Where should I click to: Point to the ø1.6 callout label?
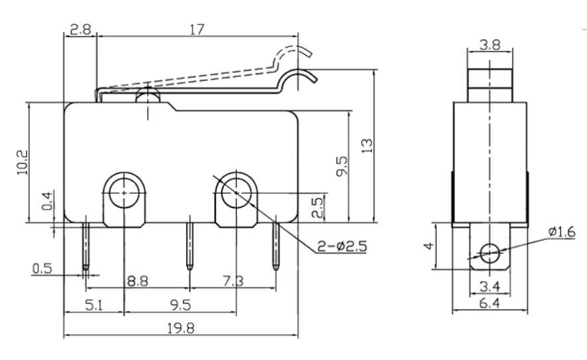click(562, 231)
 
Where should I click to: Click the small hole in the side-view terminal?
click(490, 252)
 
